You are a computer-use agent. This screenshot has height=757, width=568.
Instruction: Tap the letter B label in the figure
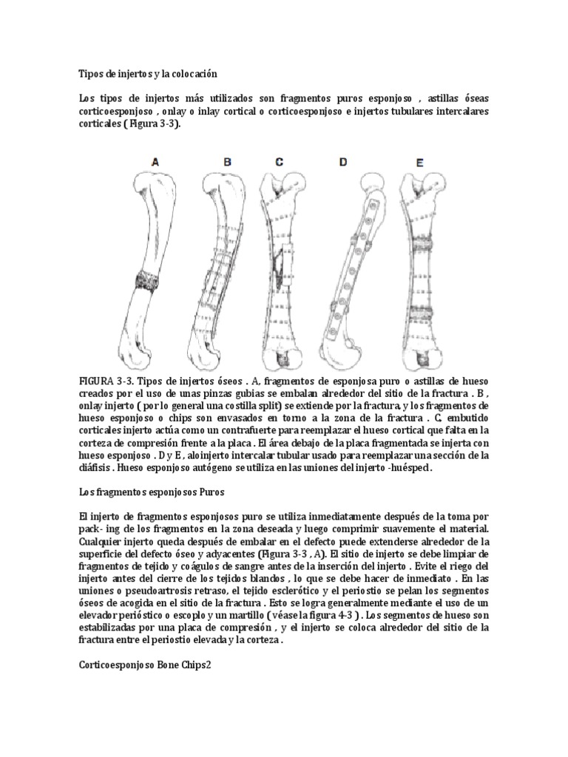click(227, 161)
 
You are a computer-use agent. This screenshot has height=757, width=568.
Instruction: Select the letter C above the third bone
click(279, 161)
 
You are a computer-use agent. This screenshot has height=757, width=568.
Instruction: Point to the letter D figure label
click(343, 160)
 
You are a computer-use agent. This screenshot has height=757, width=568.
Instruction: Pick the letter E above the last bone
click(420, 161)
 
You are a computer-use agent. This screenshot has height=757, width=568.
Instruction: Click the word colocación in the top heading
click(195, 74)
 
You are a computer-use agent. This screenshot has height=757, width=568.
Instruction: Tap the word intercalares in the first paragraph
click(452, 111)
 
